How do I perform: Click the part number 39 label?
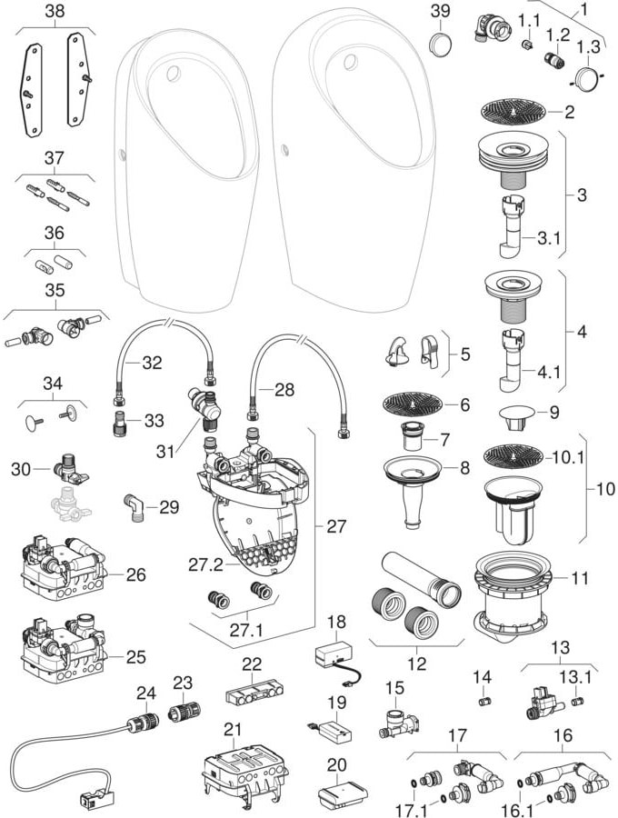tap(440, 10)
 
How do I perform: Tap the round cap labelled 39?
tap(441, 42)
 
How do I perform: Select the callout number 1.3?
tap(588, 45)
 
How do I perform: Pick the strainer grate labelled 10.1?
tap(513, 456)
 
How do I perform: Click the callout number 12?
tap(415, 663)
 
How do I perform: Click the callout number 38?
tap(54, 11)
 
